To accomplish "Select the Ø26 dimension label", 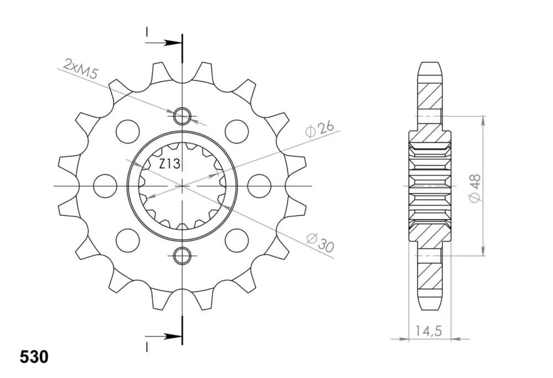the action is [320, 130].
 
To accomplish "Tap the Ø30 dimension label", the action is [320, 242].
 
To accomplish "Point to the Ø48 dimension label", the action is [474, 189].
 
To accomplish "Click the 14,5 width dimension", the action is [429, 331].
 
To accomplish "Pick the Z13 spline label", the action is [170, 164].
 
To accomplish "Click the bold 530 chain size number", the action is [34, 357].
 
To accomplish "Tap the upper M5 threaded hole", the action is [182, 116].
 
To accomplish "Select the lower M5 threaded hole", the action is [182, 255].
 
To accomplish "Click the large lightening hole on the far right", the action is [259, 185].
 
